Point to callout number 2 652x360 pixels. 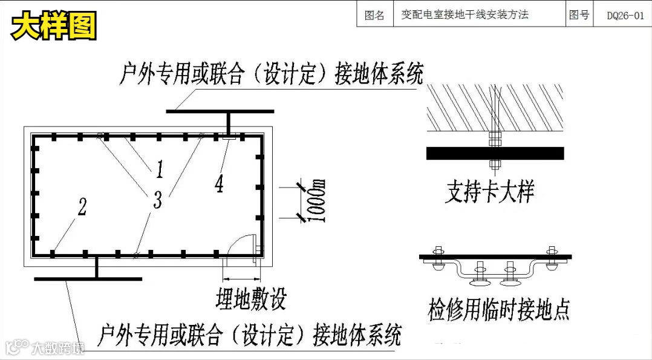click(82, 207)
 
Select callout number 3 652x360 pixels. click(157, 199)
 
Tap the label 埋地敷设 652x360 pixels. click(250, 298)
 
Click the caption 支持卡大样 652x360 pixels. click(489, 193)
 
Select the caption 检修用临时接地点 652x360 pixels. click(498, 309)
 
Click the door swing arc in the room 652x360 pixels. click(243, 240)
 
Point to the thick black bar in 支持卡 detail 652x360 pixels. click(495, 154)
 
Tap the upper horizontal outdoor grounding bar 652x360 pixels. click(220, 111)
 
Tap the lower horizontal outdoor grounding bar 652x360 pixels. click(88, 278)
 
